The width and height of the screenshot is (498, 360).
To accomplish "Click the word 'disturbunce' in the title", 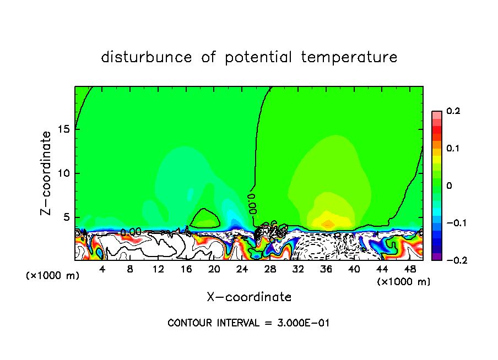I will click(147, 57).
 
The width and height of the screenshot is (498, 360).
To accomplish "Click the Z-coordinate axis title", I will click(47, 173).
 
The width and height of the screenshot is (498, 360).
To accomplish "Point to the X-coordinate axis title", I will click(249, 297).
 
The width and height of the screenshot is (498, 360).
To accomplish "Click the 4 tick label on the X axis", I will click(102, 269).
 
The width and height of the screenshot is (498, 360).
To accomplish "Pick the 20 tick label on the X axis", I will click(214, 269).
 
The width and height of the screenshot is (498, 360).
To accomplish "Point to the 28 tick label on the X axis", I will click(270, 269).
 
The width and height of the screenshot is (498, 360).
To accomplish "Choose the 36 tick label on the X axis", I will click(326, 269).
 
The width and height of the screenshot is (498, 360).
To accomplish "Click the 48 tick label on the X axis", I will click(410, 269).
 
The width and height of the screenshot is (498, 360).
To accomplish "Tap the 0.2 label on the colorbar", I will click(453, 111).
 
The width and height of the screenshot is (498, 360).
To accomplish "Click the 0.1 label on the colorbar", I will click(453, 149).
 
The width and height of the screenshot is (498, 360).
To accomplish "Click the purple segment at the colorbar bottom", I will click(436, 257).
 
